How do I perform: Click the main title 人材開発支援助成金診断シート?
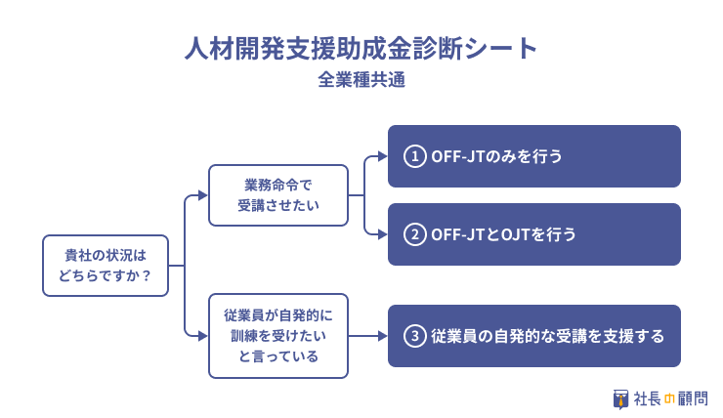[x=361, y=49]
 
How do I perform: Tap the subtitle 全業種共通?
[x=361, y=80]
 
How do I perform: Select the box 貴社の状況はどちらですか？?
[x=106, y=266]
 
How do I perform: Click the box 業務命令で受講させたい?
[x=278, y=195]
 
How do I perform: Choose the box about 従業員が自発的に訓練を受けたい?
[x=278, y=336]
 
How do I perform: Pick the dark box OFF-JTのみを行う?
[x=534, y=156]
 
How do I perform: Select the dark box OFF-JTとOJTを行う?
[x=534, y=234]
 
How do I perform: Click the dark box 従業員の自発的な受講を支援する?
[x=534, y=336]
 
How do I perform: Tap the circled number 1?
[x=414, y=156]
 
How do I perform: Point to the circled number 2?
[x=414, y=234]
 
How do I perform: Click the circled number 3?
[x=414, y=336]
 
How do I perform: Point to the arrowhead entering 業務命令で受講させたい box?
[x=203, y=195]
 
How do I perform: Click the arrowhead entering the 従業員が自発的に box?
[x=203, y=336]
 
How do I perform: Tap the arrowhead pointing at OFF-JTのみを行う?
[x=383, y=156]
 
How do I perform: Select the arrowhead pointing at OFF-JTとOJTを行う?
[x=383, y=234]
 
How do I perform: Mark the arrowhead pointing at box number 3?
[x=383, y=336]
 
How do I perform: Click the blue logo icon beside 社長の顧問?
[x=620, y=399]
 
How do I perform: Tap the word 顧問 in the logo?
[x=693, y=398]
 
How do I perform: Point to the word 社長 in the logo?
[x=648, y=398]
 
